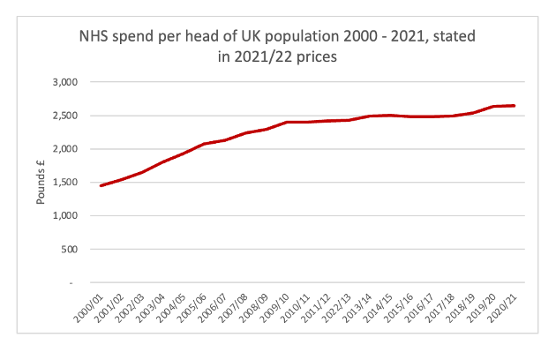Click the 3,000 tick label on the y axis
click(x=67, y=82)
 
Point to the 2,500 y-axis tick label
click(x=67, y=116)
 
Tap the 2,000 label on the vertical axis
click(x=67, y=149)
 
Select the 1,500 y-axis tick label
click(x=67, y=183)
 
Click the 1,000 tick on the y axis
click(x=67, y=216)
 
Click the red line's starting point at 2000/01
click(x=101, y=185)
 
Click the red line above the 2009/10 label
click(x=287, y=122)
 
